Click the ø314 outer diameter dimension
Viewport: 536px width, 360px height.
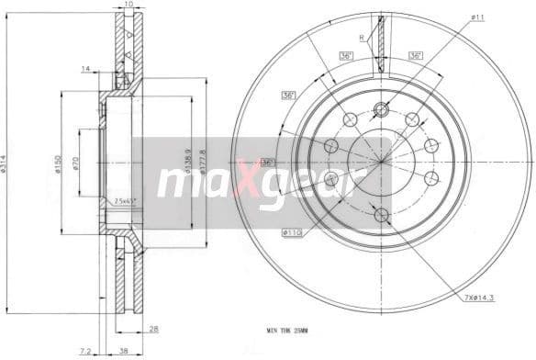6,165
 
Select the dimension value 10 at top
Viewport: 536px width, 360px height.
128,6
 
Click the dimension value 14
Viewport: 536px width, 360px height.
84,69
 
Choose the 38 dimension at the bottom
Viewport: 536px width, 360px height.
123,351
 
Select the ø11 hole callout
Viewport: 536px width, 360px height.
478,17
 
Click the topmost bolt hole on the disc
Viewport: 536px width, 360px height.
381,111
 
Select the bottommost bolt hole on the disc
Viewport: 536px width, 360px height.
381,215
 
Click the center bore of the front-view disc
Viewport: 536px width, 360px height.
381,163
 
